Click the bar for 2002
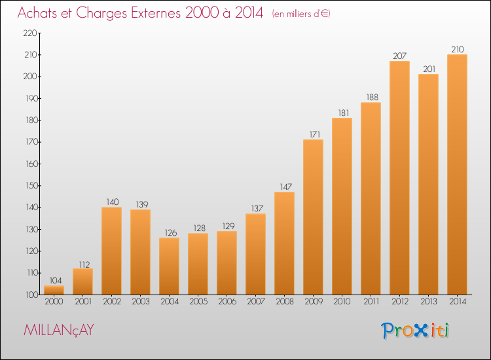pos(111,251)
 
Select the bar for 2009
pos(313,217)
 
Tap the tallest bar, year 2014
pos(457,174)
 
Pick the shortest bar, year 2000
pos(54,290)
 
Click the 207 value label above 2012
pos(399,56)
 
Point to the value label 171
pos(315,135)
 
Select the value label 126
pos(171,233)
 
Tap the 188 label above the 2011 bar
pos(373,98)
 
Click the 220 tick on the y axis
pos(30,33)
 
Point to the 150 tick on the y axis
pos(31,186)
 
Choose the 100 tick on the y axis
pos(31,295)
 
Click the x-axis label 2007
pos(256,302)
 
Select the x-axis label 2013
pos(428,302)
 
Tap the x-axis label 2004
pos(170,302)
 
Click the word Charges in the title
pos(101,14)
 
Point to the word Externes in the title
pos(156,12)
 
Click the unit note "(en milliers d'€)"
pos(301,14)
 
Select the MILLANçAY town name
pos(59,330)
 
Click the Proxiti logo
pos(415,331)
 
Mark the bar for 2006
pos(227,263)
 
